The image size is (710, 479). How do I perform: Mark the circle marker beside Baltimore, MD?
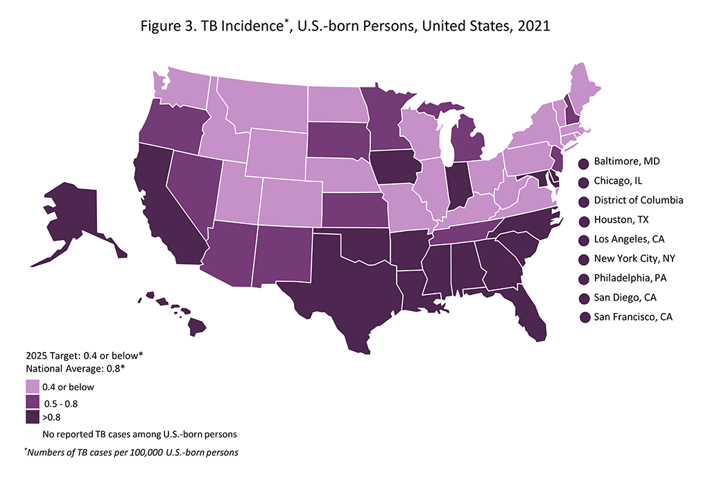coord(585,162)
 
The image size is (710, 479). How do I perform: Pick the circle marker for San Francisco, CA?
coord(585,317)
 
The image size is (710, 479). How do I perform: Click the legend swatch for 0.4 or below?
coord(32,387)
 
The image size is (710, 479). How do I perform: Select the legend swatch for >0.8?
coord(32,417)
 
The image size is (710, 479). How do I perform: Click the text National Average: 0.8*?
coord(75,368)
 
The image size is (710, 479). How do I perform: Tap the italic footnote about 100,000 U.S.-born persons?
coord(131,453)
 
